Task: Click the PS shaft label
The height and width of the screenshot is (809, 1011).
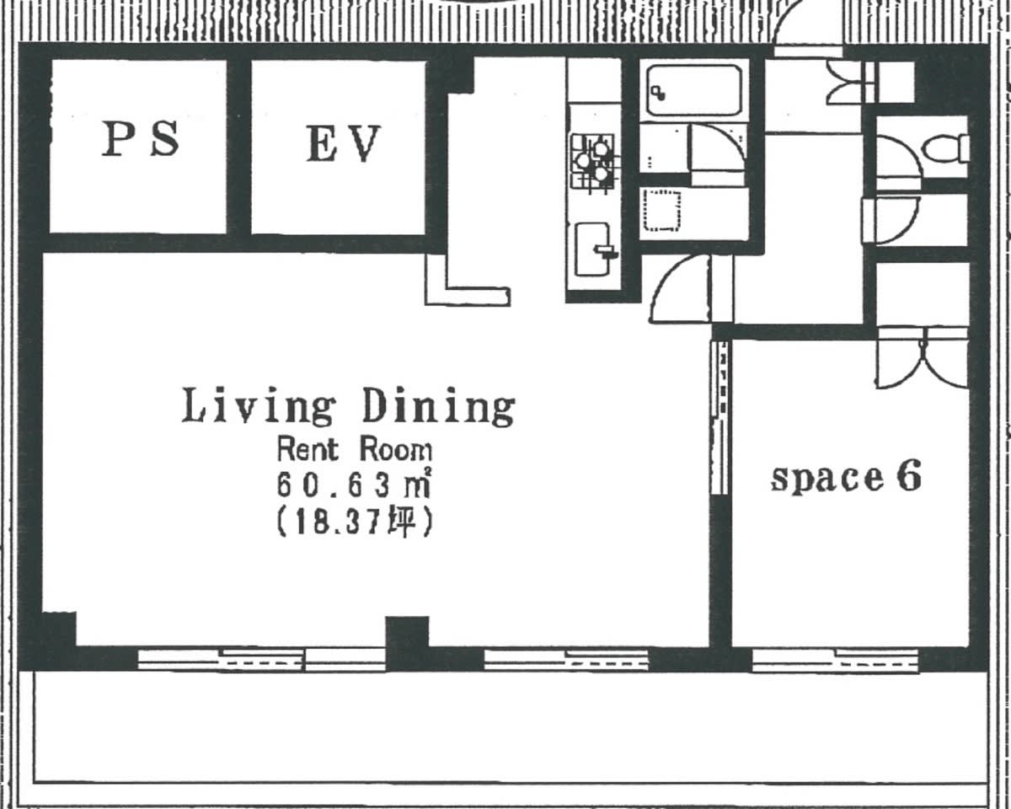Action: (141, 139)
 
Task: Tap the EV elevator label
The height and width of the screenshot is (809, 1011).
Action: (344, 144)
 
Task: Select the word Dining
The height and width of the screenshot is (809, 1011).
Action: (439, 407)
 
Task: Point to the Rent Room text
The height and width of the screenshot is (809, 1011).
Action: (355, 450)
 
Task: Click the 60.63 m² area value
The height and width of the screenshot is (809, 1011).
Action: (354, 485)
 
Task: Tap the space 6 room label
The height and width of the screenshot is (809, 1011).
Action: (846, 477)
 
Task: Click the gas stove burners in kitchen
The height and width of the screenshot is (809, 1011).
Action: (592, 162)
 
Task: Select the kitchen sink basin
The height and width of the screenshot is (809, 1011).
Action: (593, 249)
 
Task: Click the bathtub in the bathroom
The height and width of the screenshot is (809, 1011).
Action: (694, 90)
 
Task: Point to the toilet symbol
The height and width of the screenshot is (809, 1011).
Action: (946, 149)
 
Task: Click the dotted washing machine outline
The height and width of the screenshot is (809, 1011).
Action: (662, 211)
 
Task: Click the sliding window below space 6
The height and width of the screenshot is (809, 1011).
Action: (835, 661)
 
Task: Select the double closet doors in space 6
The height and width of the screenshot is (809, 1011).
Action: (922, 358)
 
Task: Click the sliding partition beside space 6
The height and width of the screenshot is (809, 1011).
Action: (719, 417)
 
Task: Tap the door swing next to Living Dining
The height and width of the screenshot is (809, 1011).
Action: (680, 289)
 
